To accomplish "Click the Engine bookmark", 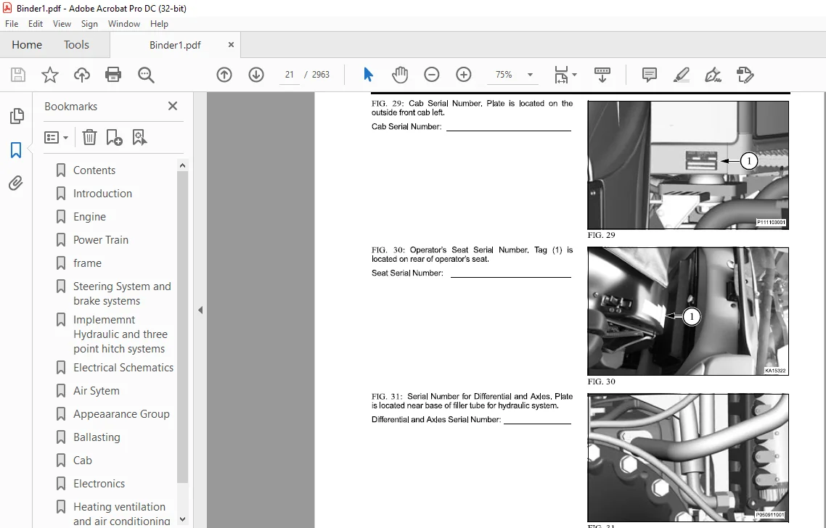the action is coord(89,216).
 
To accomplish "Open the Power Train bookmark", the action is coord(101,239).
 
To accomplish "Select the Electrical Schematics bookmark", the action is coord(123,368).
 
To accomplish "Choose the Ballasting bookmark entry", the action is coord(97,437).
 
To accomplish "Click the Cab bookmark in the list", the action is coord(82,460).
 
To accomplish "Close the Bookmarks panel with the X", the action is coord(172,106).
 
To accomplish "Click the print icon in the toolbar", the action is coord(113,75).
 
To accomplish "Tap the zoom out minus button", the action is coord(431,75).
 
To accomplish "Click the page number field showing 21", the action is coord(289,75).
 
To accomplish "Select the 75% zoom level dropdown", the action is coord(511,75).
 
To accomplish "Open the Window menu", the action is coord(124,24).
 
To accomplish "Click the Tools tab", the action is coord(76,45).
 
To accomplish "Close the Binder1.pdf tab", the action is coord(231,45).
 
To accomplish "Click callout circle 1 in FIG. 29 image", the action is coord(748,160).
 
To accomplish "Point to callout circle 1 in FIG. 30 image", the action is coord(691,316).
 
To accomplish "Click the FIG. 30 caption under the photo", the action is coord(601,381).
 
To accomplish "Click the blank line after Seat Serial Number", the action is coord(510,277).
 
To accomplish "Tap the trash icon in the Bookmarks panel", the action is coord(89,137).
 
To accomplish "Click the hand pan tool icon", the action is coord(400,75).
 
